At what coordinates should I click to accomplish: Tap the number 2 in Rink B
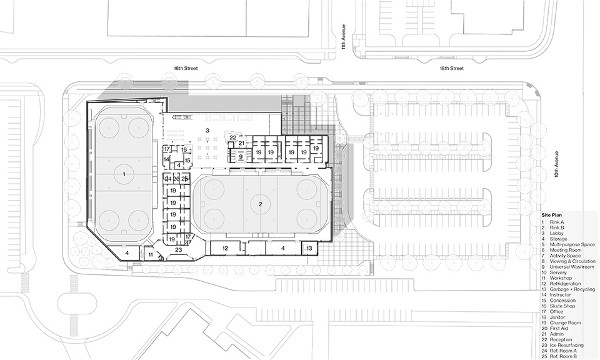tap(261, 204)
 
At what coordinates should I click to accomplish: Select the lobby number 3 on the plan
tap(207, 130)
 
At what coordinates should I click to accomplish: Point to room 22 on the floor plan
tap(232, 136)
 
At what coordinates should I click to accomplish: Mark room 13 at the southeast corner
tap(309, 248)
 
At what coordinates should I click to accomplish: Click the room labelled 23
tap(178, 249)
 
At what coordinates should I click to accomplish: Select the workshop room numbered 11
tap(150, 254)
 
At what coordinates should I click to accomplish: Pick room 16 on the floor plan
tap(184, 150)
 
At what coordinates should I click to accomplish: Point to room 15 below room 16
tap(187, 161)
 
